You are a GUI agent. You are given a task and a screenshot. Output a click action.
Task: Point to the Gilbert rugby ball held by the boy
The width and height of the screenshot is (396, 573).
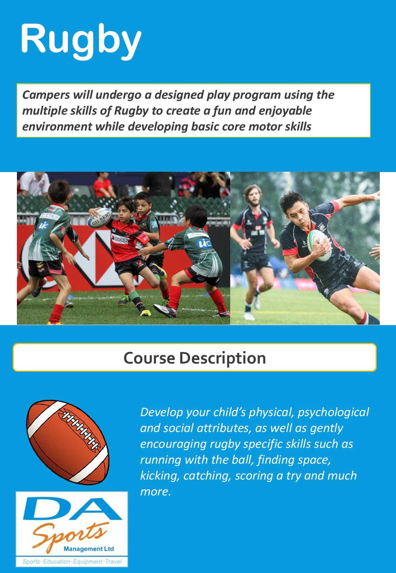click(100, 218)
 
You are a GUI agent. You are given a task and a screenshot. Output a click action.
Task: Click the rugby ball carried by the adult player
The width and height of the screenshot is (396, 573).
click(319, 245)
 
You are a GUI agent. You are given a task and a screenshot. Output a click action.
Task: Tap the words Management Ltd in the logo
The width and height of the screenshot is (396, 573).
click(89, 549)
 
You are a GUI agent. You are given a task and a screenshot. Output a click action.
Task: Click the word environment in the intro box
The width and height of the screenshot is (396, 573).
click(57, 127)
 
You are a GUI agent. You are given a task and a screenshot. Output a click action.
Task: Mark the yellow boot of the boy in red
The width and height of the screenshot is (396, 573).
click(145, 312)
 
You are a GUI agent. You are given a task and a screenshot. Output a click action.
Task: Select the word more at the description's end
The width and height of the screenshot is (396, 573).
click(155, 492)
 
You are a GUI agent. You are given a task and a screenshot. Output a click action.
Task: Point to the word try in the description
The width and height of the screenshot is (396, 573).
click(294, 476)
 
